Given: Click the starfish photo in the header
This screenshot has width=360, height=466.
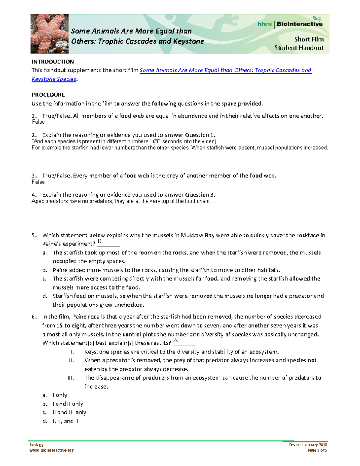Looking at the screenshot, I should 49,34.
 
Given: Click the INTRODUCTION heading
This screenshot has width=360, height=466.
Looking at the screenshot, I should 53,62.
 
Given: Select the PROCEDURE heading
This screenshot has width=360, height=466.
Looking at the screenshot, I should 48,95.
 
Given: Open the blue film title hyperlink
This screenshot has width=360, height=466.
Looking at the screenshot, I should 225,70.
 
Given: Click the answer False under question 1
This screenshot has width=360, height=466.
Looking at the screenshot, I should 38,122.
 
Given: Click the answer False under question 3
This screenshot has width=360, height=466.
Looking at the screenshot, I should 38,182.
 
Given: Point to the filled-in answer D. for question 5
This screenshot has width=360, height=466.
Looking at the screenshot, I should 100,242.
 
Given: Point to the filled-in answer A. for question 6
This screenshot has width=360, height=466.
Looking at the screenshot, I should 176,341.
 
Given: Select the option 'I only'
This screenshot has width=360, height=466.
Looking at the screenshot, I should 60,395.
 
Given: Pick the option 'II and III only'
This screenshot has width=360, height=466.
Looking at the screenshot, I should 69,413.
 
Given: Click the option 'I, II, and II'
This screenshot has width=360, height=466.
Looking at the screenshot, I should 65,421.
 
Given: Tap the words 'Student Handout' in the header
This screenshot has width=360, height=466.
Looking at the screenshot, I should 299,48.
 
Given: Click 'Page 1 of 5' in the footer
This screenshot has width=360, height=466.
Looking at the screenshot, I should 317,450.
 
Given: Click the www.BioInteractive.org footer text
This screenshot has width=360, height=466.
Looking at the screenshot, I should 52,450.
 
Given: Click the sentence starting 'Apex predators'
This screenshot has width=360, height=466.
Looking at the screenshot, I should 121,201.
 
